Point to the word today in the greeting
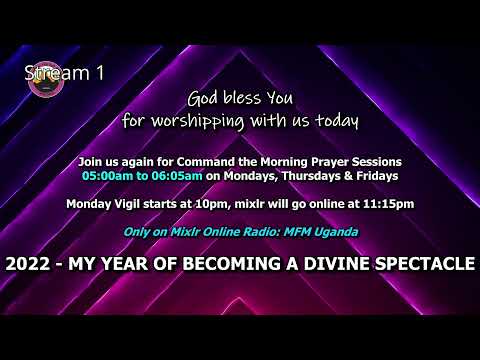(335, 122)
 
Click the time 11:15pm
(384, 204)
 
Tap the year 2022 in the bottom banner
(27, 265)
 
